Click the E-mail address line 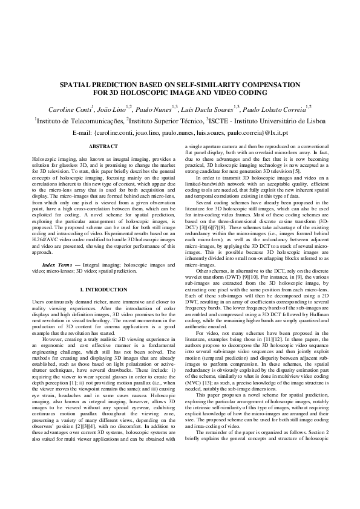coord(180,132)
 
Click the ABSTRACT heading coord(103,148)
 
